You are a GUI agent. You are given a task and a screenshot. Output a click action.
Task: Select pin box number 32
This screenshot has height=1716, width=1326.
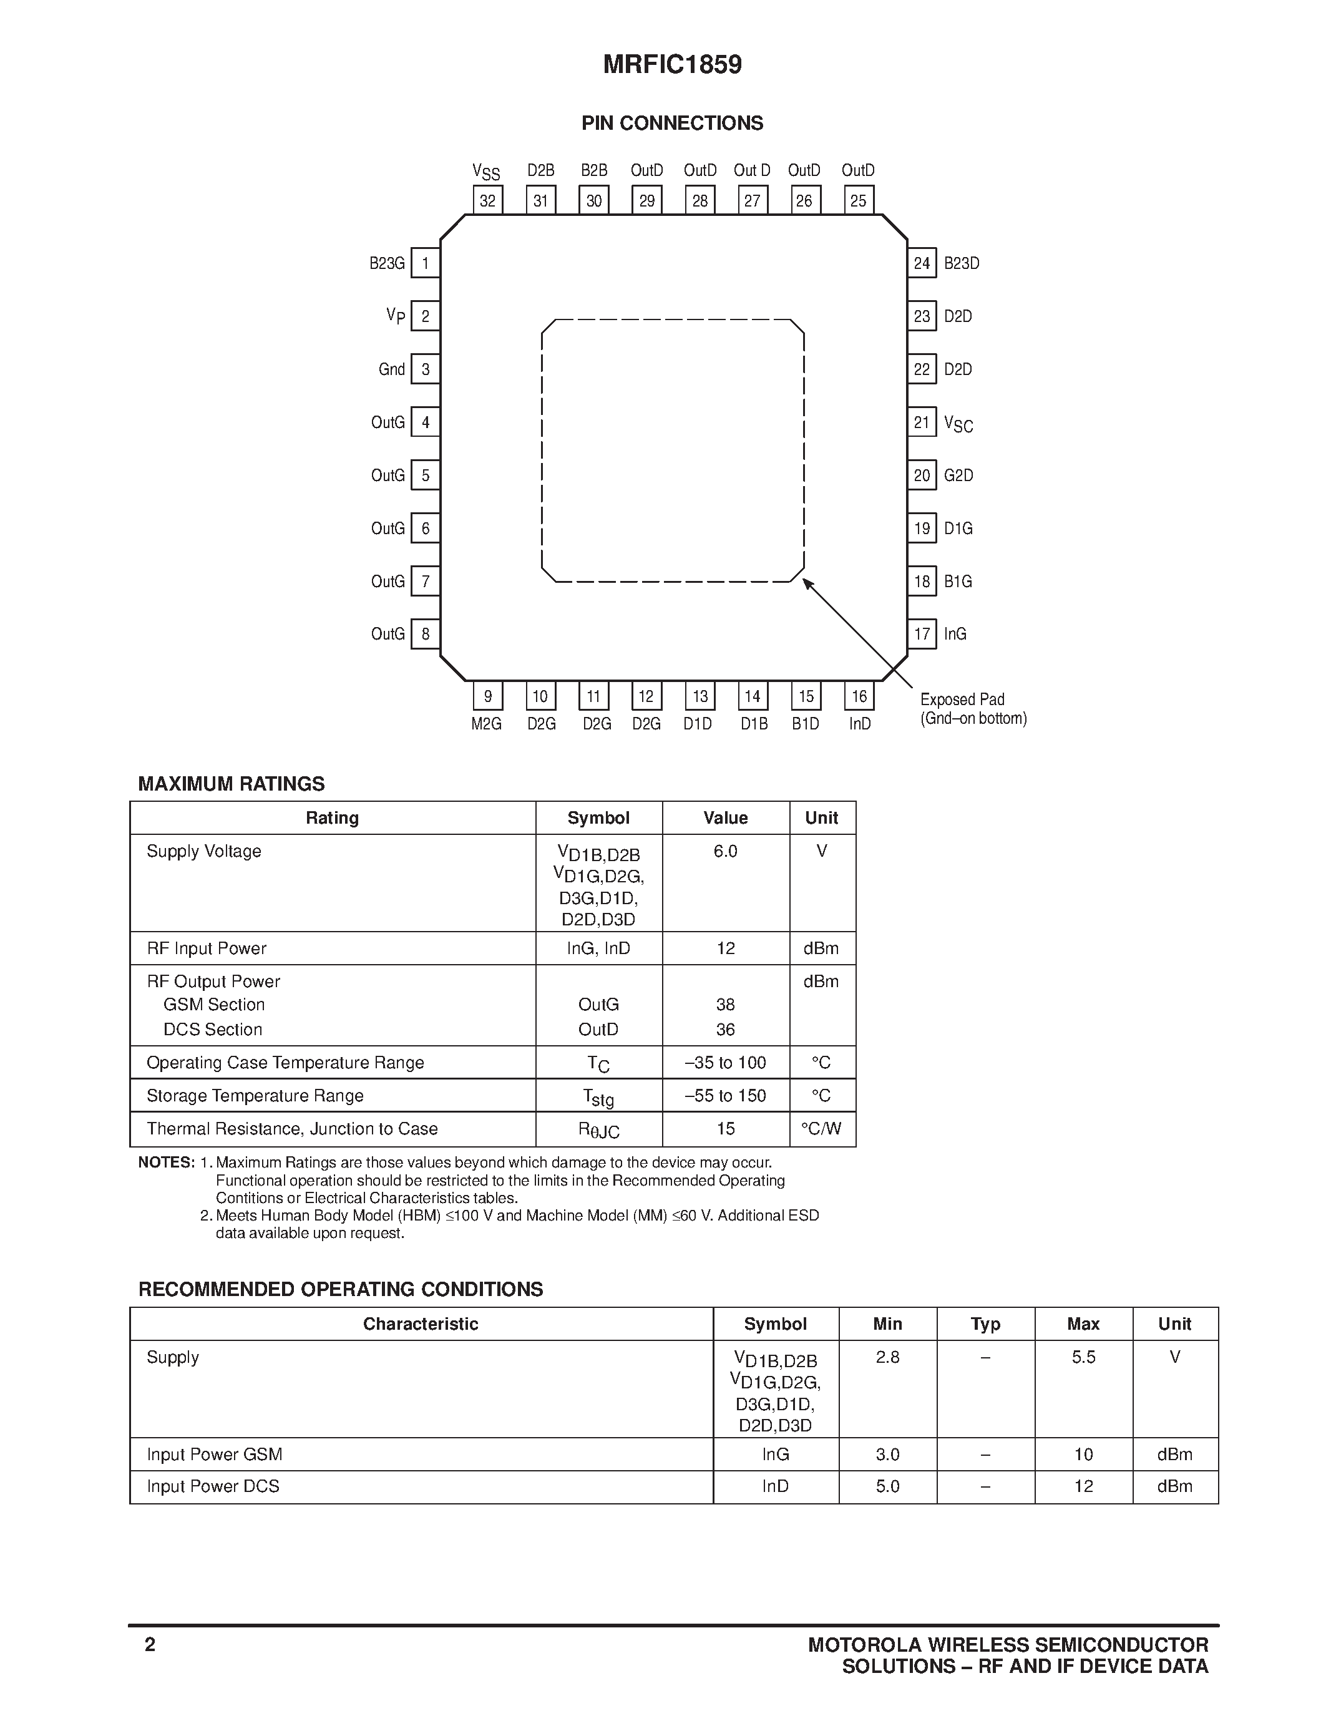pyautogui.click(x=488, y=200)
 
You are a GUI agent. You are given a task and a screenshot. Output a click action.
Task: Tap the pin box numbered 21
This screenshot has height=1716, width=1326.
pyautogui.click(x=922, y=422)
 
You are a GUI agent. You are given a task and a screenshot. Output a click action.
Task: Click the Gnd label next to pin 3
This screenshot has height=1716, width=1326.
pyautogui.click(x=391, y=369)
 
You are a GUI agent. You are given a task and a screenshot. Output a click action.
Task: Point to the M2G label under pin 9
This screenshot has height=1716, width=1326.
pyautogui.click(x=486, y=724)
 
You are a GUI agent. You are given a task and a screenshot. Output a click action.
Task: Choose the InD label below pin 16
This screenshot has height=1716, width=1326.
pyautogui.click(x=859, y=724)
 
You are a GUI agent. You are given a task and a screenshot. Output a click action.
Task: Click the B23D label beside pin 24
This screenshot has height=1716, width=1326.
pyautogui.click(x=962, y=263)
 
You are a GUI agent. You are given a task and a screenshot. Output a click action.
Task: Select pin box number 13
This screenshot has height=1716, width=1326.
pyautogui.click(x=699, y=696)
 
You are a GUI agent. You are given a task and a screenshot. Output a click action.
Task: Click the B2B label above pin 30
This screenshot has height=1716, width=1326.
pyautogui.click(x=594, y=170)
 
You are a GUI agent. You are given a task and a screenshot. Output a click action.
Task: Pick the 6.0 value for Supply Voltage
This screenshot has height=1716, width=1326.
pyautogui.click(x=725, y=851)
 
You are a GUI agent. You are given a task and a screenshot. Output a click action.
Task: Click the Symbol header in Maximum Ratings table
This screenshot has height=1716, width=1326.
pyautogui.click(x=598, y=818)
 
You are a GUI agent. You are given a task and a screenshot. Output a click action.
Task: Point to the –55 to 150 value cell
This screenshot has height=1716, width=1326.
pyautogui.click(x=725, y=1095)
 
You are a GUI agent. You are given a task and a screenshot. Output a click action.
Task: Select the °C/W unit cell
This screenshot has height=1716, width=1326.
pyautogui.click(x=821, y=1128)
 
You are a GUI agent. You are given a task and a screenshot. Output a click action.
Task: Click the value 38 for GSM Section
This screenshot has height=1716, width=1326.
pyautogui.click(x=725, y=1004)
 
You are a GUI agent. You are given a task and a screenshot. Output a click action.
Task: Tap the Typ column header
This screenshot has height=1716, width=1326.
pyautogui.click(x=985, y=1324)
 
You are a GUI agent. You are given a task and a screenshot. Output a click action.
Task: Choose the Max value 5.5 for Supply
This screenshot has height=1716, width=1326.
pyautogui.click(x=1083, y=1357)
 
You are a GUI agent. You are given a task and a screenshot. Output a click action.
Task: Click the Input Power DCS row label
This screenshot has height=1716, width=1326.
pyautogui.click(x=213, y=1486)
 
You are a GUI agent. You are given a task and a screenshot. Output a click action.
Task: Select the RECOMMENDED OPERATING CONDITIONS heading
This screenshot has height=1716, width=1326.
pyautogui.click(x=340, y=1289)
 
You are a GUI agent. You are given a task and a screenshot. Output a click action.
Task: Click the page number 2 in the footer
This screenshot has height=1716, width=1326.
pyautogui.click(x=150, y=1644)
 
